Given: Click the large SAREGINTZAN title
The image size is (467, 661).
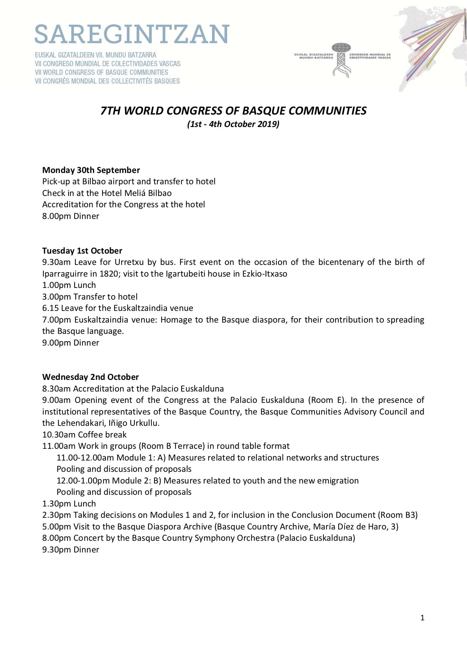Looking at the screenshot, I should click(132, 35).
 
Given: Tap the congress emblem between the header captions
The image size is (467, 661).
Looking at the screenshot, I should click(341, 60).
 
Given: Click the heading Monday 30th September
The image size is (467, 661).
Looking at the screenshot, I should click(91, 170).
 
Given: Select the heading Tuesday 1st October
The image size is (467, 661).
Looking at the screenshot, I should click(82, 251).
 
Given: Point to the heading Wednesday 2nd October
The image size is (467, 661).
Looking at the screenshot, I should click(90, 377).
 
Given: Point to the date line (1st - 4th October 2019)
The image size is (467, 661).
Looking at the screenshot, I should click(233, 124).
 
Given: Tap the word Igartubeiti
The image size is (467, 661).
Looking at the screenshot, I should click(185, 274).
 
